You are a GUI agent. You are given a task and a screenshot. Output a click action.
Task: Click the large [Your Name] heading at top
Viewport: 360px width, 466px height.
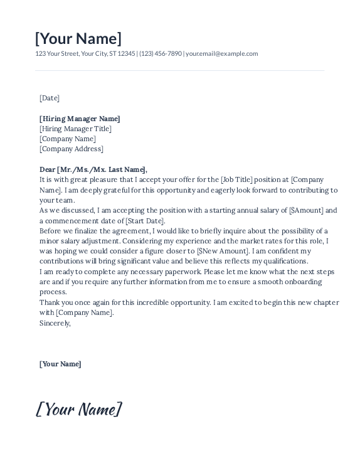pos(78,38)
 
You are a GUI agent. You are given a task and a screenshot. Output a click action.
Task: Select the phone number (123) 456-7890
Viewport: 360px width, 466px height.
pos(161,54)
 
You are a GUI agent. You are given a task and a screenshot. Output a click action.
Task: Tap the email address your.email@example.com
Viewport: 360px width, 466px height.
pos(222,54)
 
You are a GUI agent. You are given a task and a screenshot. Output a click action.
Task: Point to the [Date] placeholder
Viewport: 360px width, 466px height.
pos(50,98)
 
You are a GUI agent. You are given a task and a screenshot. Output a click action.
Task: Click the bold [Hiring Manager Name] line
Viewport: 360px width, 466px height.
pos(80,119)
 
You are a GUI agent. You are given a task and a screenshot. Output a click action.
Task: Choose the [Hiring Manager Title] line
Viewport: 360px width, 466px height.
pos(75,129)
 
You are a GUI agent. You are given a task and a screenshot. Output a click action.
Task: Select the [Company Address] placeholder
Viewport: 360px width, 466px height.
pos(71,149)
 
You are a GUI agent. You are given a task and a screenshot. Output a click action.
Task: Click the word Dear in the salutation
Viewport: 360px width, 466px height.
pos(48,169)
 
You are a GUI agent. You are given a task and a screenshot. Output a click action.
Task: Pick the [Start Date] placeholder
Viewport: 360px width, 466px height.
pos(145,221)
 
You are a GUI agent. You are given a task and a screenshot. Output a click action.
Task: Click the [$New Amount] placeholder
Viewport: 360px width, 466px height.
pos(223,251)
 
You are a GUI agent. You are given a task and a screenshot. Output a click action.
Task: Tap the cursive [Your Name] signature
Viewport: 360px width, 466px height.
pos(79,410)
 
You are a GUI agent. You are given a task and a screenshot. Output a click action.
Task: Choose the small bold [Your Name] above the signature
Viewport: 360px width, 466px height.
pos(60,364)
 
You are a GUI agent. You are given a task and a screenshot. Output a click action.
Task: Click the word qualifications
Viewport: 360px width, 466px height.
pos(286,261)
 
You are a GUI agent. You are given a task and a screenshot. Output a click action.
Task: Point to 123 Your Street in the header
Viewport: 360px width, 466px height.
pos(57,54)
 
